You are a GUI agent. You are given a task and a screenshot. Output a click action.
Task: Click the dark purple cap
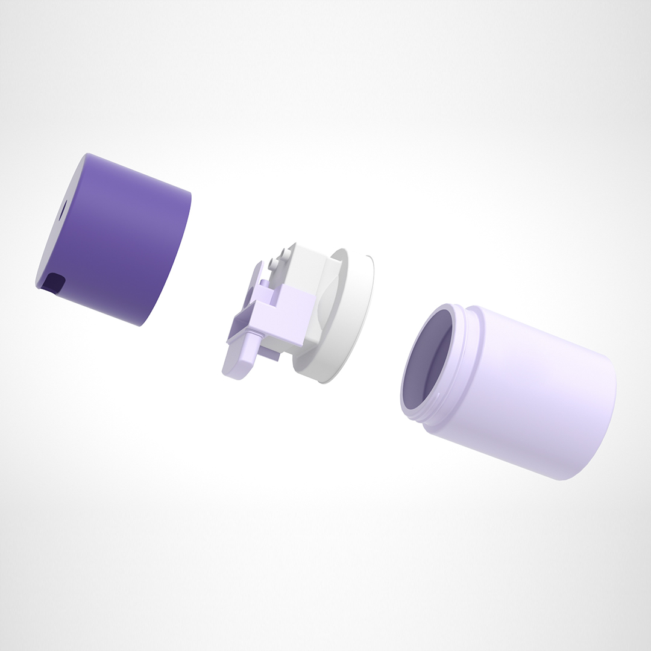pyautogui.click(x=121, y=241)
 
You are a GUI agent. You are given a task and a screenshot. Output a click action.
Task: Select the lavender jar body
pyautogui.click(x=530, y=392)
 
